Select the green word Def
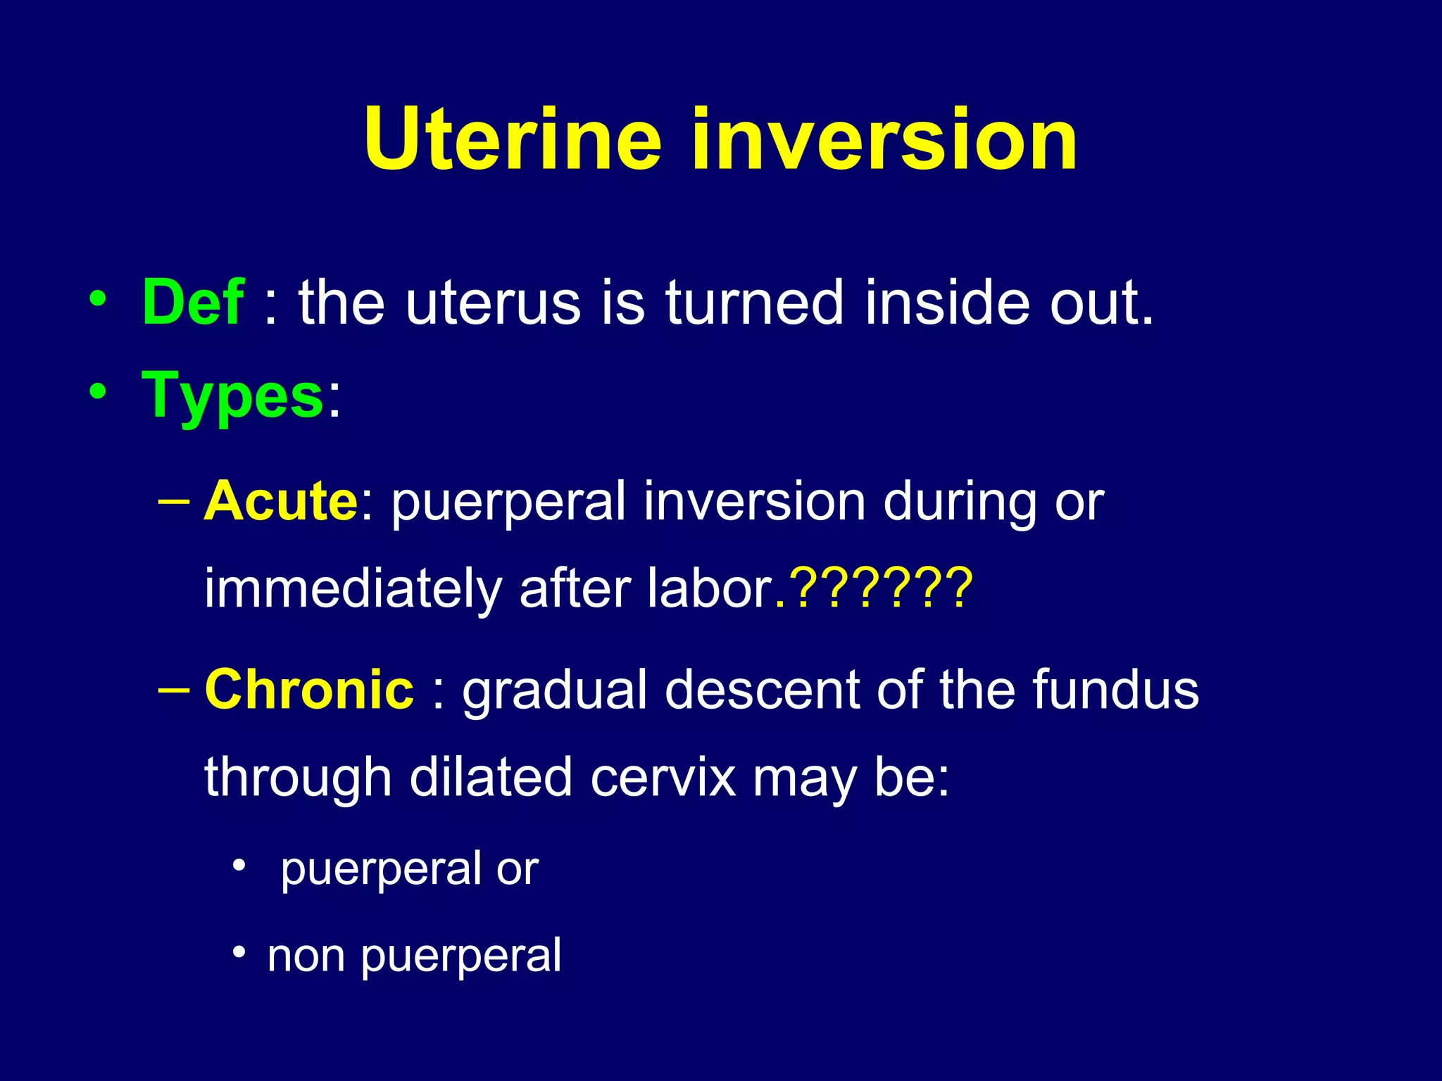193,302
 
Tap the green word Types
232,396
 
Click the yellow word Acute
281,501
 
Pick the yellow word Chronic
309,689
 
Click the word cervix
663,777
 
